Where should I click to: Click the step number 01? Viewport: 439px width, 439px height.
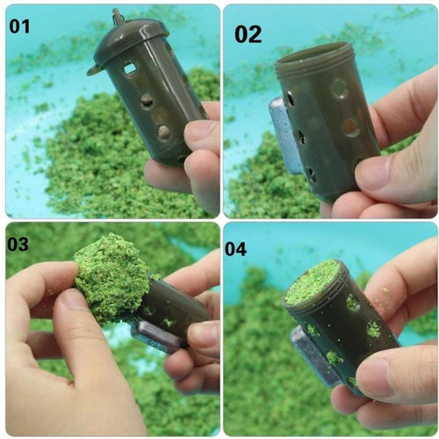(x=19, y=26)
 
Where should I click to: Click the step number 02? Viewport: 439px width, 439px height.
(x=248, y=34)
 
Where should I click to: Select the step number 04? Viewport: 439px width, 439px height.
(x=236, y=249)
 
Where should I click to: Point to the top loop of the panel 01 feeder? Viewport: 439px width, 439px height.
(x=118, y=16)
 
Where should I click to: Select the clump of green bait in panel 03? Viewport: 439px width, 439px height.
(x=110, y=277)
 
